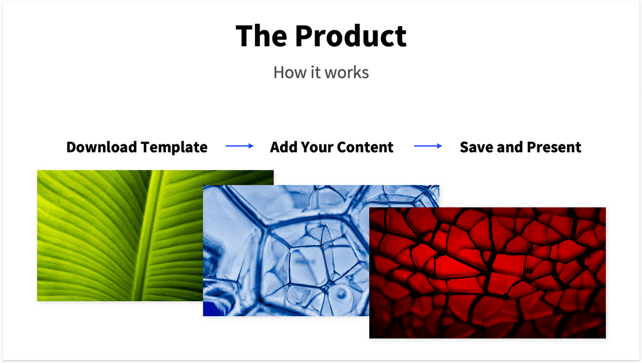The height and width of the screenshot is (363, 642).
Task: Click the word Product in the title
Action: pyautogui.click(x=351, y=36)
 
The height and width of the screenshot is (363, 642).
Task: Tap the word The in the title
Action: pyautogui.click(x=261, y=36)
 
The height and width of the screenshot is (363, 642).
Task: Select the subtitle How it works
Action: pyautogui.click(x=321, y=72)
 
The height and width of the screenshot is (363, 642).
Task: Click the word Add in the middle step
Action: pyautogui.click(x=283, y=147)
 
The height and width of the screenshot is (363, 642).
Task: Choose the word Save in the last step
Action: pyautogui.click(x=476, y=147)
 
